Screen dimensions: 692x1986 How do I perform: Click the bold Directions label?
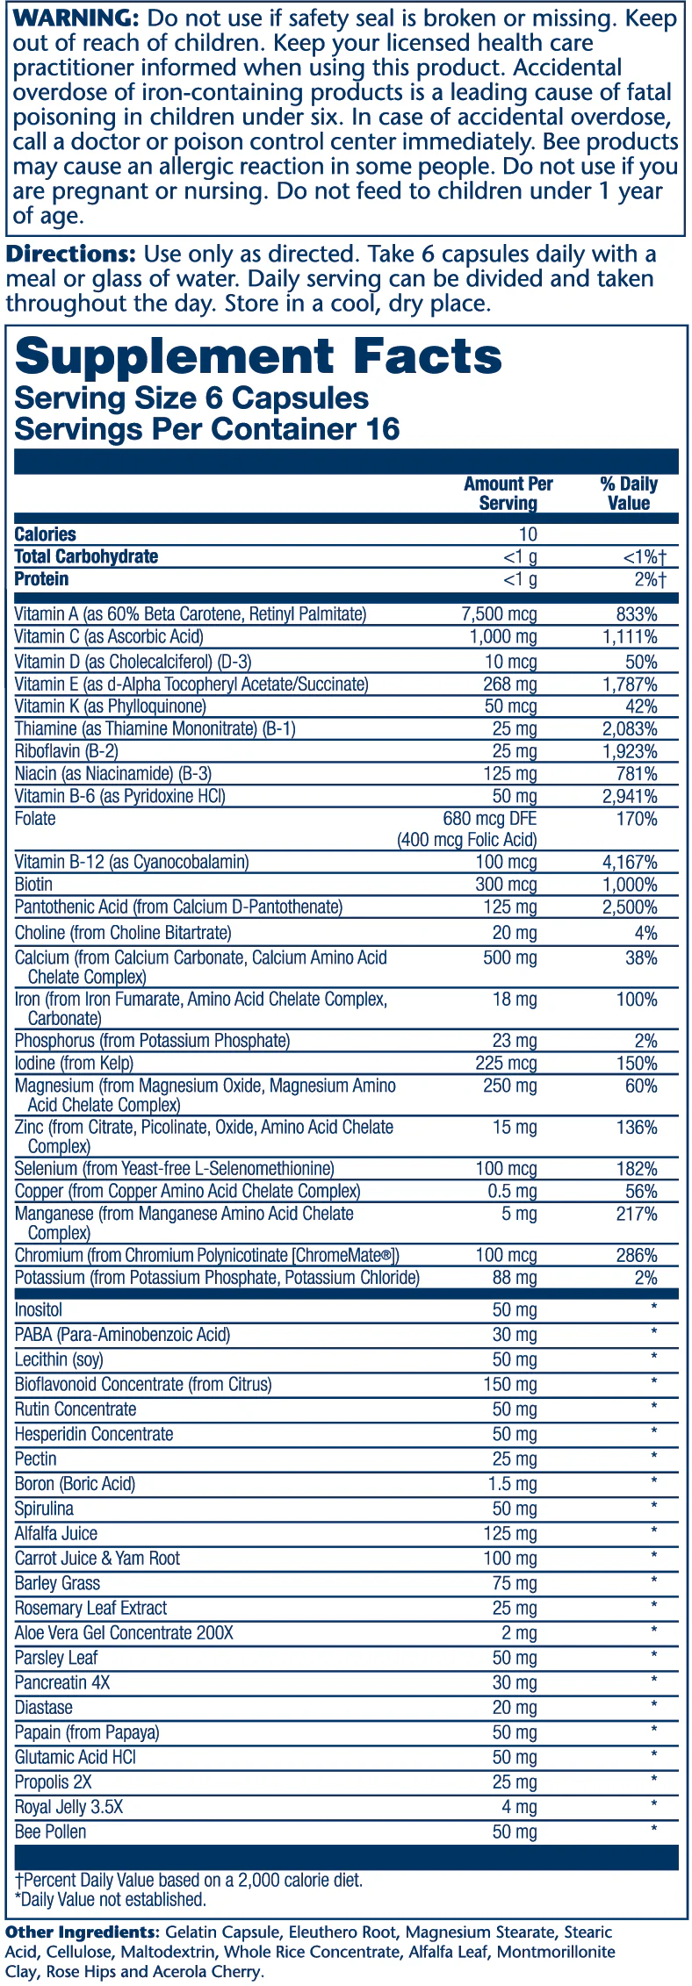click(x=71, y=255)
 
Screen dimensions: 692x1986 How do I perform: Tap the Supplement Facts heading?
click(x=258, y=356)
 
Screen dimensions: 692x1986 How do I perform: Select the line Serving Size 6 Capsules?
click(x=191, y=398)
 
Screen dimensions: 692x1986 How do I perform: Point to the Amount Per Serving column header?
click(x=508, y=493)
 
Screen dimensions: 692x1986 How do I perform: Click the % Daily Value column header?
click(x=629, y=493)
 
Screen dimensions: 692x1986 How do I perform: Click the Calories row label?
click(x=46, y=534)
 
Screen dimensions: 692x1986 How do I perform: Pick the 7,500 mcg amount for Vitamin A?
click(x=500, y=614)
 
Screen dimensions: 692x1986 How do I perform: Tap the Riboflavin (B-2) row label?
click(x=67, y=751)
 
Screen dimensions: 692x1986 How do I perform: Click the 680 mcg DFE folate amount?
click(x=490, y=819)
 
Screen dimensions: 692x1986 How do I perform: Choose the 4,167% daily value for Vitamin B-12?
click(x=629, y=863)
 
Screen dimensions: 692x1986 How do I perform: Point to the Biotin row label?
click(x=33, y=885)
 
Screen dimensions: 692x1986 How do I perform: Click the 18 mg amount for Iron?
click(x=515, y=1000)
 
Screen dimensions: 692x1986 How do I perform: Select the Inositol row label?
click(x=39, y=1310)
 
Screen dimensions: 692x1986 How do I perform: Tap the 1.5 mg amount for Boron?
click(x=513, y=1484)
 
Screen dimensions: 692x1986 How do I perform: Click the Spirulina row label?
click(x=44, y=1509)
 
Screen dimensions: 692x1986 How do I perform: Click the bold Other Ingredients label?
click(x=82, y=1932)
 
